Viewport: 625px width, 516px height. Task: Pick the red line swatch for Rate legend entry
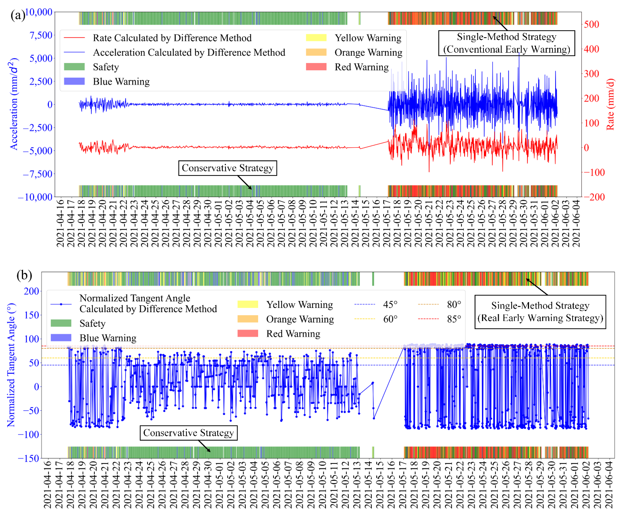click(x=74, y=38)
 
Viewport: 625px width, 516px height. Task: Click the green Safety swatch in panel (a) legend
click(x=74, y=67)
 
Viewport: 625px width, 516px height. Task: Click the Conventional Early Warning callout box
click(x=506, y=43)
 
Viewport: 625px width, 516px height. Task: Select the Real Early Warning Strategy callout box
click(x=540, y=312)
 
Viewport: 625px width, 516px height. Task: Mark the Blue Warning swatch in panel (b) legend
click(x=61, y=338)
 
